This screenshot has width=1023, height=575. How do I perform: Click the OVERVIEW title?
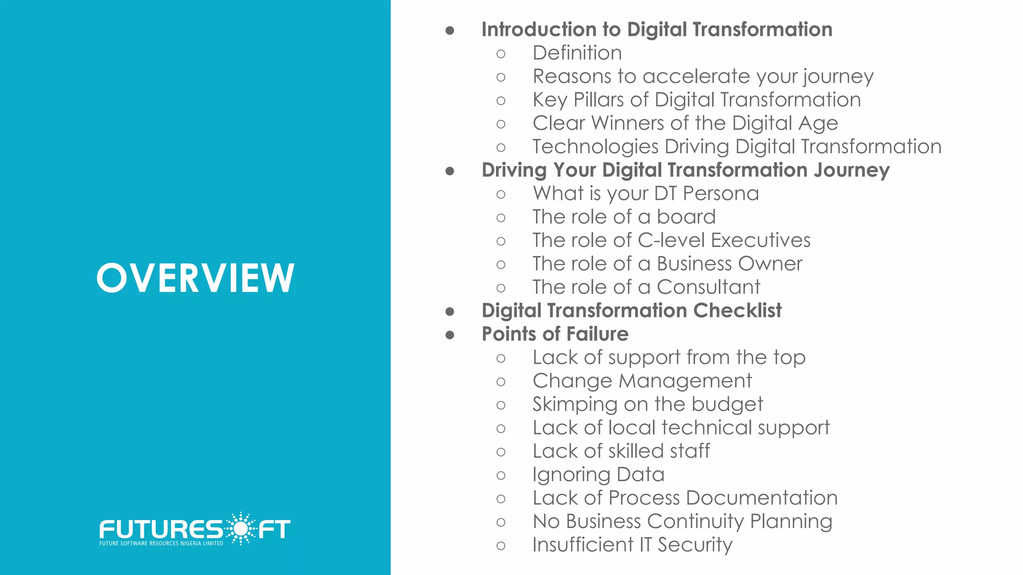195,278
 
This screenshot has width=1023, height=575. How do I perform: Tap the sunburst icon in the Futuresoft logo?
240,528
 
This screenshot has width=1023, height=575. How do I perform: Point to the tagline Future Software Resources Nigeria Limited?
161,544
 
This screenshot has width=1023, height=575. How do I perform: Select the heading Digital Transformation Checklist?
631,310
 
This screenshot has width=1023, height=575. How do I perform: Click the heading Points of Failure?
555,334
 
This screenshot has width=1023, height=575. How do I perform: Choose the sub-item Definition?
577,53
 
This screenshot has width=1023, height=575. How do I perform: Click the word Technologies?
595,147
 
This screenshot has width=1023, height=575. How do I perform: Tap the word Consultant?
708,287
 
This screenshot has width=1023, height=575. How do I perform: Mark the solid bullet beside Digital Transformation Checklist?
450,311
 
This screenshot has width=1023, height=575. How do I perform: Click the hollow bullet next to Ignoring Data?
501,475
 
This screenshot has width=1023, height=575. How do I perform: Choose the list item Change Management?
642,381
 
